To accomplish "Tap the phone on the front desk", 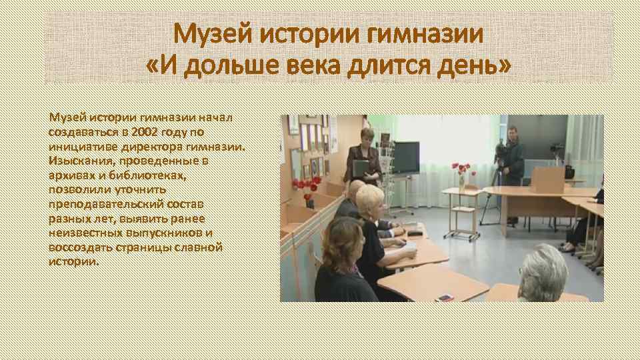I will pyautogui.click(x=445, y=297).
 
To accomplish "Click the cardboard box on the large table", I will pyautogui.click(x=546, y=179).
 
